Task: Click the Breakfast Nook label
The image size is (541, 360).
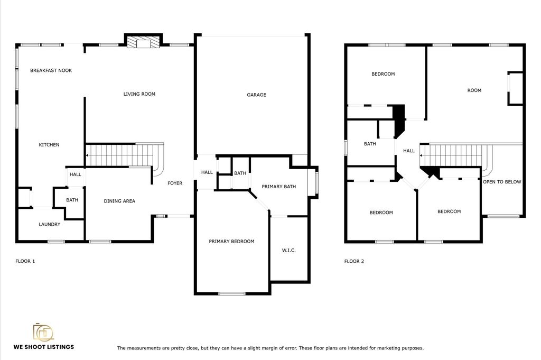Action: (x=51, y=70)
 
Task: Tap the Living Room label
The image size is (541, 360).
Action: (x=139, y=94)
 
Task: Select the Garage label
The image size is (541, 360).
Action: (x=256, y=95)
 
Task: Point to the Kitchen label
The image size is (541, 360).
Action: (x=49, y=145)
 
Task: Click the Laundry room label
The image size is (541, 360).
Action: (x=49, y=224)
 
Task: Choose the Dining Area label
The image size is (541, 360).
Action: (x=119, y=201)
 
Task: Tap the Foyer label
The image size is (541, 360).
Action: (x=175, y=183)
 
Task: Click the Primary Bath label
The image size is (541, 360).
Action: (x=279, y=187)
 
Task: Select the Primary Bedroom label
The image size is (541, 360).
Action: (x=231, y=241)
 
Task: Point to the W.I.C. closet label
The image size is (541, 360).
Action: (x=289, y=250)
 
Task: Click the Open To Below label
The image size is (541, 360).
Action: (x=502, y=182)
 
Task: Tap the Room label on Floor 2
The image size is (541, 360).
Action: (x=474, y=90)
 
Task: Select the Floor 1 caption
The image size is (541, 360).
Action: (x=25, y=261)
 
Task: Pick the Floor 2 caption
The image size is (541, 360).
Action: (x=354, y=261)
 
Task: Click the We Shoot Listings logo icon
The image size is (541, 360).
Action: (x=43, y=332)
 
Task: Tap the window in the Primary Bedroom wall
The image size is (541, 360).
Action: (x=232, y=294)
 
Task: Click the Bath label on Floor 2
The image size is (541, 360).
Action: (x=370, y=144)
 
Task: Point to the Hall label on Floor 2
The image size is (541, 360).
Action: (x=409, y=151)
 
